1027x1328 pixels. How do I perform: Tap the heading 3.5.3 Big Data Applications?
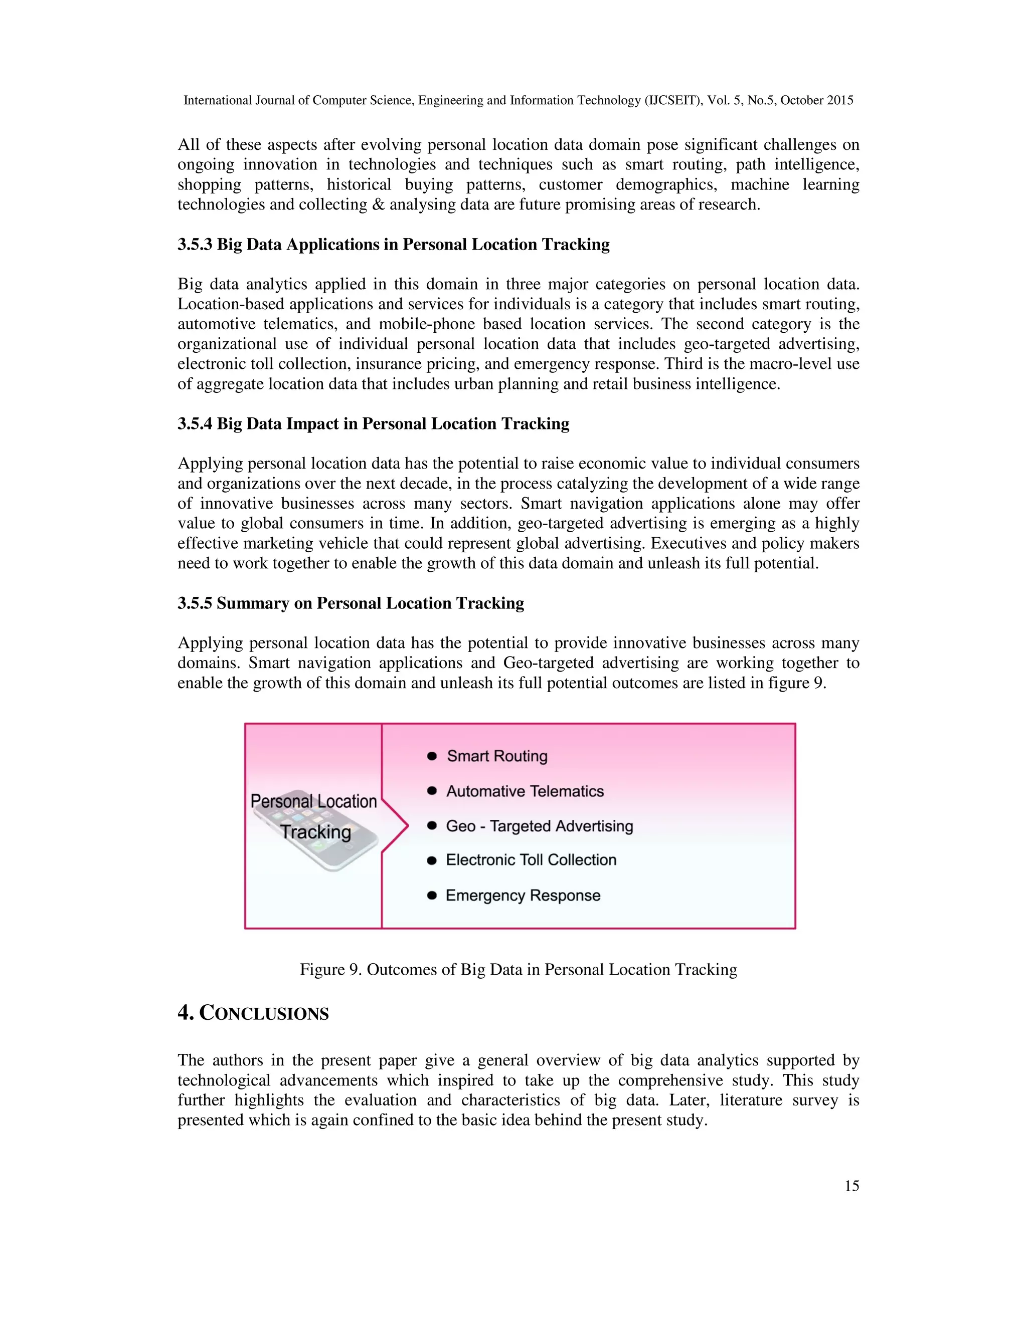393,245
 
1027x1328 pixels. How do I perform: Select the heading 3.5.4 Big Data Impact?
373,424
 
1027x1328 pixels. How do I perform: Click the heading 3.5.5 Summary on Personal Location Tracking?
351,603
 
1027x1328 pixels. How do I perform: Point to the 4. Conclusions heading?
253,1013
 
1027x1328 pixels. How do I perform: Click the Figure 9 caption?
519,969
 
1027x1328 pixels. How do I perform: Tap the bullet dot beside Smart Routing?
432,756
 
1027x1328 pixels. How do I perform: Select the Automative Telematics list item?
525,791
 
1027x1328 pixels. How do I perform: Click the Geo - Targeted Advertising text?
539,826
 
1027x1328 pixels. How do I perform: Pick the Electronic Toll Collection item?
531,860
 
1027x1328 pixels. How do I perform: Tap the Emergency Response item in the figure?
523,895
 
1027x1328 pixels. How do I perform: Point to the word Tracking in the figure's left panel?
316,831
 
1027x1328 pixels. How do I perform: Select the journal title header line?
519,100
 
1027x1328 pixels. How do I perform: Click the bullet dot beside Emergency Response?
432,895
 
